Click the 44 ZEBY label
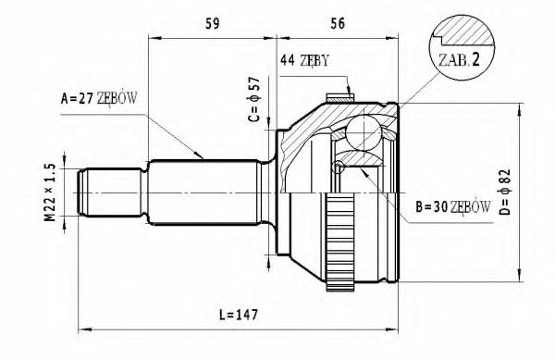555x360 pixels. [304, 62]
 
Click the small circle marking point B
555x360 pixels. [339, 168]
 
